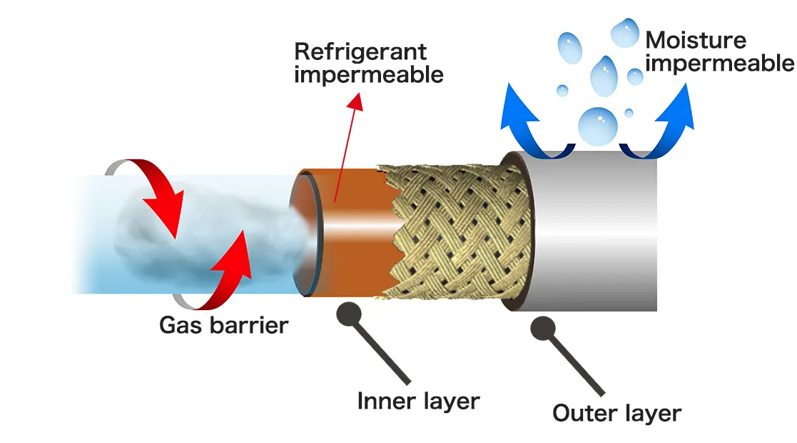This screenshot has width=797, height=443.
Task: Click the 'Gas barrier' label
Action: tap(223, 326)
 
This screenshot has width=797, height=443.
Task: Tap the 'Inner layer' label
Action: tap(418, 401)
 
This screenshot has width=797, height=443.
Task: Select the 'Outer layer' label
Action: tap(617, 413)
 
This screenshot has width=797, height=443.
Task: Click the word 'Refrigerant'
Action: tap(360, 51)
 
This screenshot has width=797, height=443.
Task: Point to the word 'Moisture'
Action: tap(695, 40)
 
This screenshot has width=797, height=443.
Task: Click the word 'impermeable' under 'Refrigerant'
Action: tap(369, 74)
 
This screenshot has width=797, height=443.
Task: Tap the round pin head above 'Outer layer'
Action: tap(543, 329)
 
